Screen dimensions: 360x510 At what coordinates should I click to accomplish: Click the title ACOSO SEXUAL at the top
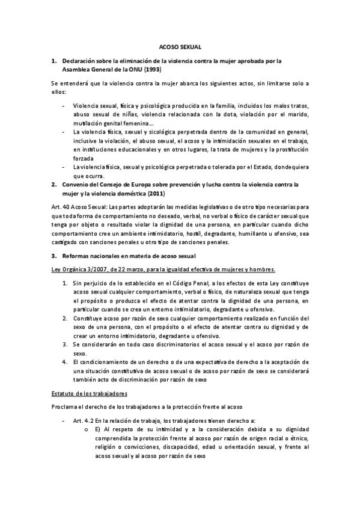pyautogui.click(x=180, y=46)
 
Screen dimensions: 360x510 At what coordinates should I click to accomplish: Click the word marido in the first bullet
pyautogui.click(x=294, y=114)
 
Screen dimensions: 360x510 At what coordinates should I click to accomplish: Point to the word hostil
pyautogui.click(x=195, y=233)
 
